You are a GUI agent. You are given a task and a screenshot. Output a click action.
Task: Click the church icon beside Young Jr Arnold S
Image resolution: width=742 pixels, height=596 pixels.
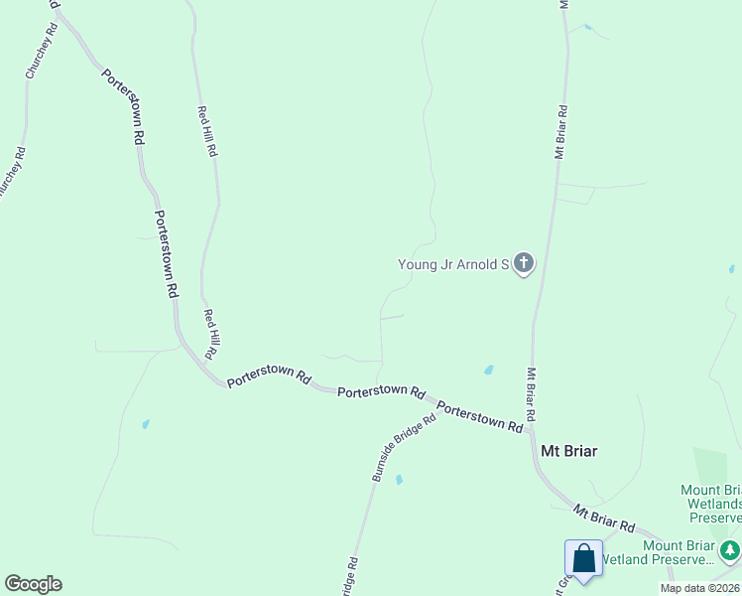click(523, 264)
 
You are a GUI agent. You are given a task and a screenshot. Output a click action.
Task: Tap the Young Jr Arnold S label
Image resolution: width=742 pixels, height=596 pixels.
click(452, 264)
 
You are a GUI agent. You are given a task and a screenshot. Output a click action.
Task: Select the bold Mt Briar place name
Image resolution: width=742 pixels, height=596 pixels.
click(568, 450)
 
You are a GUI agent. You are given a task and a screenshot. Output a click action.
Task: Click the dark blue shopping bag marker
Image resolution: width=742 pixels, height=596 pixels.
click(583, 559)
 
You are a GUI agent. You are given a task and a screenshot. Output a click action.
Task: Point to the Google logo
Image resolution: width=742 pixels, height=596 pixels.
click(33, 584)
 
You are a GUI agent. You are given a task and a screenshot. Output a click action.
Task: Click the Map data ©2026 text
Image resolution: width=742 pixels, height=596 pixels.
click(699, 588)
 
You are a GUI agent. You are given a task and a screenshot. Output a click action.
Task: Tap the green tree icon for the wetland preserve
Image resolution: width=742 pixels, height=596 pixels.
click(730, 549)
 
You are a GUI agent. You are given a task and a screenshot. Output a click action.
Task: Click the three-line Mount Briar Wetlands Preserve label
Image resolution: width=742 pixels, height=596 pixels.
click(712, 504)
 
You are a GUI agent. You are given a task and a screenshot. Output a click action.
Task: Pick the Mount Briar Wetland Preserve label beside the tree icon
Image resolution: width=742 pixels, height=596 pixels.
click(679, 552)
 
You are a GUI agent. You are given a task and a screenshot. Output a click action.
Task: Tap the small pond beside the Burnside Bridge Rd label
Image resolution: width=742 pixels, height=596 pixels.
click(399, 480)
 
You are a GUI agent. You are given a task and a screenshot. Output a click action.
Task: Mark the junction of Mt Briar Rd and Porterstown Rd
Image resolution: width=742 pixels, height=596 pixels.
click(531, 430)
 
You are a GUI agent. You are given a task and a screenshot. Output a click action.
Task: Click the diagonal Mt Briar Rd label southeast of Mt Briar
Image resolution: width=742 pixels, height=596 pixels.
click(603, 518)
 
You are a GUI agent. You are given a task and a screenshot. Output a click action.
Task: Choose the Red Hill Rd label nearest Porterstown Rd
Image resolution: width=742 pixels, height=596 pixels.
click(210, 334)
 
